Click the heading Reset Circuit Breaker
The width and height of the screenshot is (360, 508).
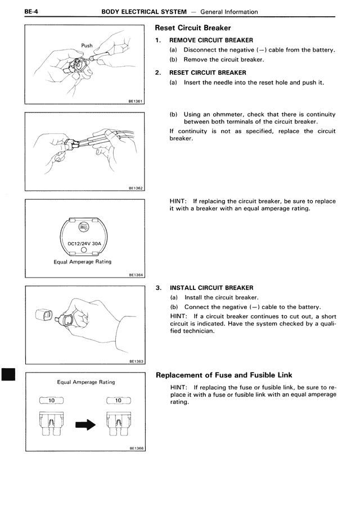(193, 28)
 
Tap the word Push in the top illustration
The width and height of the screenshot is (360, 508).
(87, 46)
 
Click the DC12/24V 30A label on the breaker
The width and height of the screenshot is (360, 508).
(84, 243)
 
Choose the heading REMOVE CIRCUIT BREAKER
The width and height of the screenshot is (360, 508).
(211, 40)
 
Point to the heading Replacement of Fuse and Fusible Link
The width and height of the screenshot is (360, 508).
(223, 375)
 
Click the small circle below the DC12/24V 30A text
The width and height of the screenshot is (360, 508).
(83, 251)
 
